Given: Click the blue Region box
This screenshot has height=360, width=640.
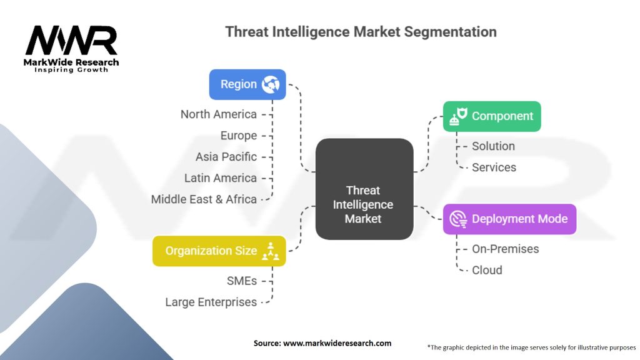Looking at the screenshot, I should coord(247,84).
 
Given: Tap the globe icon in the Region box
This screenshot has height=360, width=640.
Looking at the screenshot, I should coord(271,84).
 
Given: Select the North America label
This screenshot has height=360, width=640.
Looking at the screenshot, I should coord(219,114).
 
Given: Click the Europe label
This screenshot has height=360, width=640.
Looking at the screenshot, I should coord(238,136).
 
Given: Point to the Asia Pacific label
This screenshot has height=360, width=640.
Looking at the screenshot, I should coord(226,157).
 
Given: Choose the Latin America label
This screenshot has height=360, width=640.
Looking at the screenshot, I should coord(220,178).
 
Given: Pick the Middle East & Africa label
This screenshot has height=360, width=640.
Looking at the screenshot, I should coord(204,199).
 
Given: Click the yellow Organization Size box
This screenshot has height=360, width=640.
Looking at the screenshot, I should coord(219,251).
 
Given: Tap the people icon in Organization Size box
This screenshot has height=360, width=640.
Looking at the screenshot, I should coord(271,251).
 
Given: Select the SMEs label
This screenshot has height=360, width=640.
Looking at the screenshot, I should coord(241,281).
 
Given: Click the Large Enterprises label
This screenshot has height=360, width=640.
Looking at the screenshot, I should coord(211,302).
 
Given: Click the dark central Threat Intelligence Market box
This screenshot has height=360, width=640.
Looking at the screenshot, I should coord(364,189).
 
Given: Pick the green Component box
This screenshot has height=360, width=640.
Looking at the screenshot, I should coord(491,116).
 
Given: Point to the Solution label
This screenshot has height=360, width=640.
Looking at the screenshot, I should coord(493,146).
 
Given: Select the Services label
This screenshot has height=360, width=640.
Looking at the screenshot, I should coord(494,167).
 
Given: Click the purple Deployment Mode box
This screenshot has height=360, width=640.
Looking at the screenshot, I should coord(509,219).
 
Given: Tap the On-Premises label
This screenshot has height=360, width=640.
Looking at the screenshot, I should coord(505,249).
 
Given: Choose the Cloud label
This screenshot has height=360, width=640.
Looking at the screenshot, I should coord(487,270).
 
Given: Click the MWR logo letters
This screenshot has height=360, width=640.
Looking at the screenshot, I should coord(71,41).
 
